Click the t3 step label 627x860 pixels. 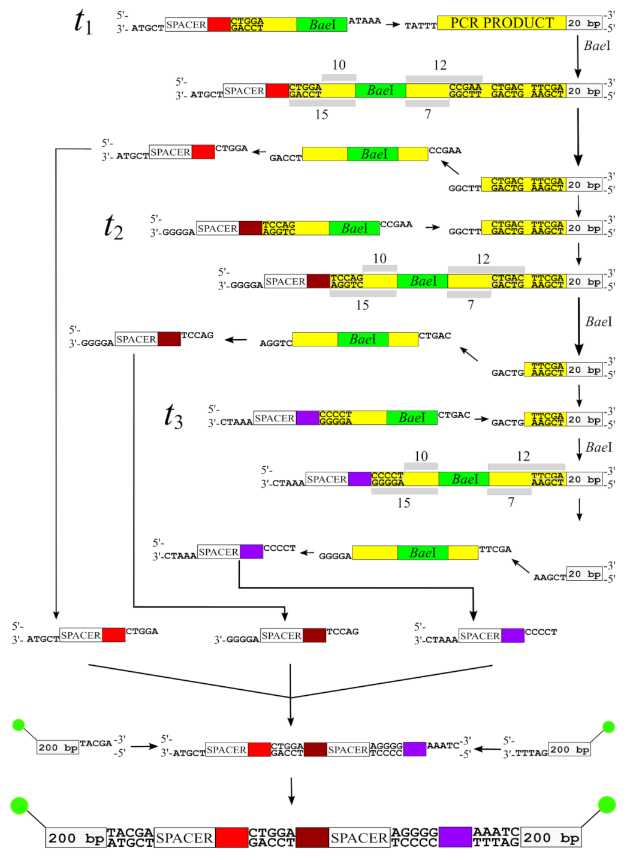pyautogui.click(x=173, y=415)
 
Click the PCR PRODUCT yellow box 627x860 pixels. pyautogui.click(x=502, y=23)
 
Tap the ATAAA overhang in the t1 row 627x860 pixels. pyautogui.click(x=364, y=21)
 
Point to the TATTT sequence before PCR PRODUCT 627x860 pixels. pyautogui.click(x=420, y=26)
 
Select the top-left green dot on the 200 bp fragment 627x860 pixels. pyautogui.click(x=19, y=725)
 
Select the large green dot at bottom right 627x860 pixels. pyautogui.click(x=607, y=805)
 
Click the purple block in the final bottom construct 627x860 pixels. pyautogui.click(x=455, y=837)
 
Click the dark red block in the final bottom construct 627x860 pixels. pyautogui.click(x=312, y=837)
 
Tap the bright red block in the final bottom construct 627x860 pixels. pyautogui.click(x=231, y=837)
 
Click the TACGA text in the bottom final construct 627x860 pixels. pyautogui.click(x=130, y=832)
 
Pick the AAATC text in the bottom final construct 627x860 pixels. pyautogui.click(x=496, y=832)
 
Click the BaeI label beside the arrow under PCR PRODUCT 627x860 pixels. pyautogui.click(x=597, y=46)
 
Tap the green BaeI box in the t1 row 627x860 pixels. pyautogui.click(x=321, y=25)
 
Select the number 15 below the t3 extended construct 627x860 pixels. pyautogui.click(x=403, y=503)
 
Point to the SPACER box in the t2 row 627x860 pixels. pyautogui.click(x=217, y=228)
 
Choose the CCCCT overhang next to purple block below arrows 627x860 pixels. pyautogui.click(x=541, y=632)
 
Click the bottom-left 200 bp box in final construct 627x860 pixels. pyautogui.click(x=76, y=838)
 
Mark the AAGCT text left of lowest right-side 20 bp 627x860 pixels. pyautogui.click(x=549, y=577)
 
